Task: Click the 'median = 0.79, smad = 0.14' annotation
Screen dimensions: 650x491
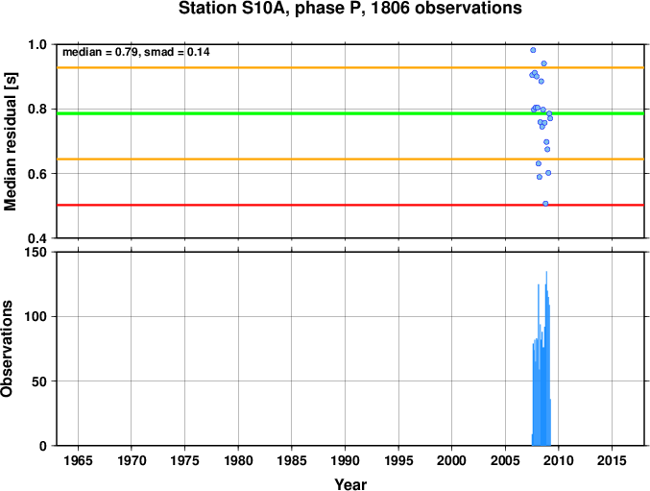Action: (136, 52)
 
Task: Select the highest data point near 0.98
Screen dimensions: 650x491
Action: (533, 50)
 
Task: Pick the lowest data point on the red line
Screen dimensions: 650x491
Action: (545, 204)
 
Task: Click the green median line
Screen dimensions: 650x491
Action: (350, 113)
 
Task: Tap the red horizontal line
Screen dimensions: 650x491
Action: (350, 205)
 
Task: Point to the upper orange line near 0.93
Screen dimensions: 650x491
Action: (350, 67)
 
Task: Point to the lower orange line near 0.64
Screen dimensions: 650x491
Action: (350, 160)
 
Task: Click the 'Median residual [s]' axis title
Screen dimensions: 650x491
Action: (11, 141)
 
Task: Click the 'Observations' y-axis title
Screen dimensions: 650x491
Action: (7, 349)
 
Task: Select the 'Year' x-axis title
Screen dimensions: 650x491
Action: (350, 484)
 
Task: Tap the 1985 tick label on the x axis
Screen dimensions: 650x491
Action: (292, 460)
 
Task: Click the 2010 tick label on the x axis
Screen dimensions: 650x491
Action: (559, 460)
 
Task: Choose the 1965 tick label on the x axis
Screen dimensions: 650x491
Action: (78, 460)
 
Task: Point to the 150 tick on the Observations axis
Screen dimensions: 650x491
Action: (37, 252)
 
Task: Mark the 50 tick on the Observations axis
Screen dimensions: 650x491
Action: (40, 381)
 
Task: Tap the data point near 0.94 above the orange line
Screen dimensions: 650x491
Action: (543, 63)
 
